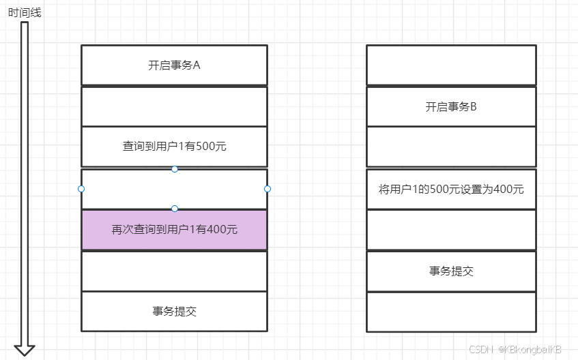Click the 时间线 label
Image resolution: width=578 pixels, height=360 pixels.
tap(25, 12)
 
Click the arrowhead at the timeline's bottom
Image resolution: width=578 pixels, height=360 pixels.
tap(25, 348)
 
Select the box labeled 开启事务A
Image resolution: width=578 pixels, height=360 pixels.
tap(174, 65)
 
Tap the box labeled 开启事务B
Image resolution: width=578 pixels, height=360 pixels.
tap(451, 106)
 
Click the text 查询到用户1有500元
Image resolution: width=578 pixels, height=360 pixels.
tap(174, 147)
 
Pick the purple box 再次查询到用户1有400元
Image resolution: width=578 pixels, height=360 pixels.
tap(174, 230)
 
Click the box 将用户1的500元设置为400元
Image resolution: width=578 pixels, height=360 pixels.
tap(451, 189)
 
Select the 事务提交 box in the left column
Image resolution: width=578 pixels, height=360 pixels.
tap(174, 312)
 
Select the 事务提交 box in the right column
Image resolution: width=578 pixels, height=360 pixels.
tap(451, 271)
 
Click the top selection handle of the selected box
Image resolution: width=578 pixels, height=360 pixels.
tap(175, 168)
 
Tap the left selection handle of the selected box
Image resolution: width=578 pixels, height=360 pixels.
tap(81, 189)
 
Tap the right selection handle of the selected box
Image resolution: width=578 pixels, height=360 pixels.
tap(268, 189)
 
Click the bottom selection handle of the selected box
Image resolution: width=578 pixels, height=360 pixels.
tap(175, 209)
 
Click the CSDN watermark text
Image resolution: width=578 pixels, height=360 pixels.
tap(515, 349)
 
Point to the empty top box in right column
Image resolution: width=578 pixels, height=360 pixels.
tap(451, 65)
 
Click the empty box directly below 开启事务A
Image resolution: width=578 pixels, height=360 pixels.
tap(174, 106)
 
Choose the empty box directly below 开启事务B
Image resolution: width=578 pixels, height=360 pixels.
tap(451, 147)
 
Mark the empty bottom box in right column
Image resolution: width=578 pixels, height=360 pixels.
tap(451, 312)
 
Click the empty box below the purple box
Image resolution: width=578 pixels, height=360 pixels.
tap(174, 271)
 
